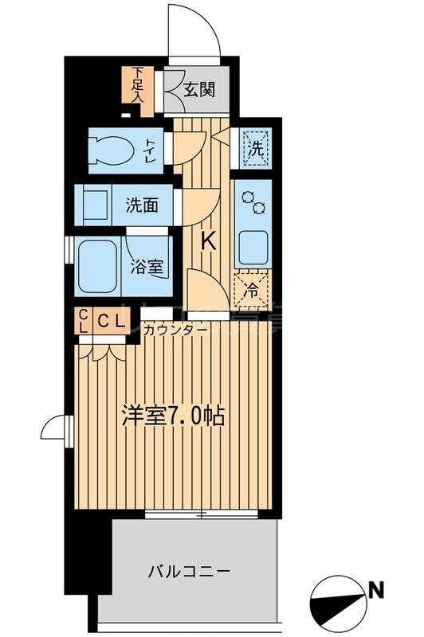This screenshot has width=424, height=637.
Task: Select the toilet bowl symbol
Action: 112,150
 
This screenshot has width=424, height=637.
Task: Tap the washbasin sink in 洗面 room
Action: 92,204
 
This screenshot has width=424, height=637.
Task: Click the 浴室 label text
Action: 147,266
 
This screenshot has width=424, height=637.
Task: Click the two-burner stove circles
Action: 254,201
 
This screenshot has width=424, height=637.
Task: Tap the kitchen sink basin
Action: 254,247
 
